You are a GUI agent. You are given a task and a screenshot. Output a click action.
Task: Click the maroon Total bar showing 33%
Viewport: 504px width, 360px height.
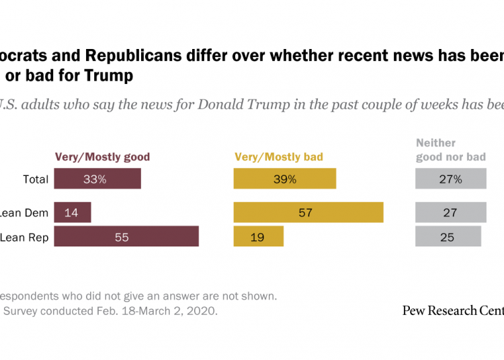pos(97,179)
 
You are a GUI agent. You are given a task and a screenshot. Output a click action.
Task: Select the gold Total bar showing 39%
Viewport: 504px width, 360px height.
pos(285,179)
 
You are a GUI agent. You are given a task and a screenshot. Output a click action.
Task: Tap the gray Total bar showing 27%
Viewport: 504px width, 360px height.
pos(450,179)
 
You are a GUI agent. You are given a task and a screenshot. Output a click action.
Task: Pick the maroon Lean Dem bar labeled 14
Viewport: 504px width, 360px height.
pos(73,213)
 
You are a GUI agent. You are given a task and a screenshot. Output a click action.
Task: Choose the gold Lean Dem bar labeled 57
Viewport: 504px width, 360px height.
pos(308,213)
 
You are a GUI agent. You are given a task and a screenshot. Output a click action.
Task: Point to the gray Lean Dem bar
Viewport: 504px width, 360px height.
pos(450,213)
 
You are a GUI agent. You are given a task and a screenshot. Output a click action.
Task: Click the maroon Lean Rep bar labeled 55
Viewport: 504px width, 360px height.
pos(126,237)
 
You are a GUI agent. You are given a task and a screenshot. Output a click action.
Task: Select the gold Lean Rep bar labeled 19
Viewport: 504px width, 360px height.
pos(259,237)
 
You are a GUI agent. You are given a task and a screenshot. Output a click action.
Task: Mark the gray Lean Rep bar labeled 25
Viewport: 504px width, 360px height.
pos(448,237)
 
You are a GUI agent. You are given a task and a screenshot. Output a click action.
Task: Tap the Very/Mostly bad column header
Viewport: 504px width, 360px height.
pos(279,157)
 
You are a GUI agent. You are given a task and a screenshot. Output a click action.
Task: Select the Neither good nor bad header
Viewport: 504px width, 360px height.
pos(450,150)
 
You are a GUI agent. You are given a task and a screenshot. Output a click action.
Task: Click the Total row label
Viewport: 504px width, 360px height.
pos(36,179)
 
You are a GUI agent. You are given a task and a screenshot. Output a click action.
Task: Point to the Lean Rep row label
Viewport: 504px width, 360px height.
pos(25,237)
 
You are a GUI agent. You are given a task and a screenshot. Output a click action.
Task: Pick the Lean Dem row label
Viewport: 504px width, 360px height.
pos(25,213)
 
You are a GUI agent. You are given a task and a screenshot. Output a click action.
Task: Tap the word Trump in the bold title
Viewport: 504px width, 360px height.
pos(109,75)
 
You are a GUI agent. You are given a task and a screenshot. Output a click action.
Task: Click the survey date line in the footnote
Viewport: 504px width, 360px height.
pos(111,312)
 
